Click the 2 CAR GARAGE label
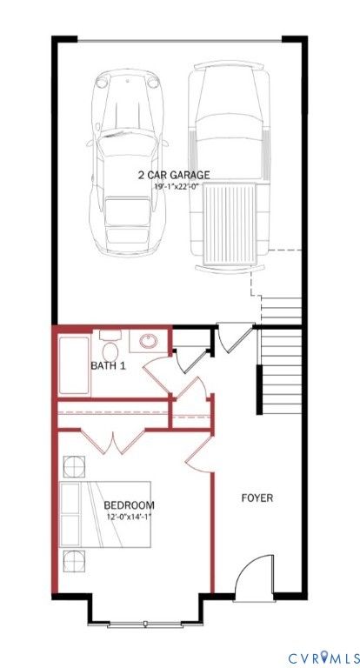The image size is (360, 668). point(174,175)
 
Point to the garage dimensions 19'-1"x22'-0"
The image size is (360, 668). point(177,186)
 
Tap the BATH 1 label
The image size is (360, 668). point(108,365)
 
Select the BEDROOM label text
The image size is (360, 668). point(129,505)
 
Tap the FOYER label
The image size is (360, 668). point(257,498)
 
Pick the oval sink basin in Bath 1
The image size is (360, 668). point(149,340)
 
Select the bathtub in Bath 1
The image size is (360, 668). point(74,365)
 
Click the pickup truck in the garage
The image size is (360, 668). point(230,166)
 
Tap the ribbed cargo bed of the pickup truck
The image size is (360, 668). point(230,224)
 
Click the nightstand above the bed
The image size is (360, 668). point(74,466)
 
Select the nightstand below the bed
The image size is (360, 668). point(74,561)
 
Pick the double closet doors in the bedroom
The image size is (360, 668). point(113,441)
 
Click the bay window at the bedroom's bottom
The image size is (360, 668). point(145,625)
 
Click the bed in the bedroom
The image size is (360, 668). point(106,514)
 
